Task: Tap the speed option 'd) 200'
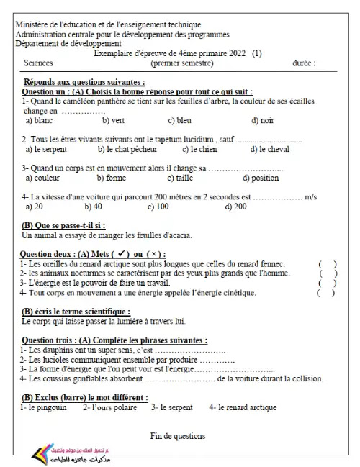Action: pos(235,206)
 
